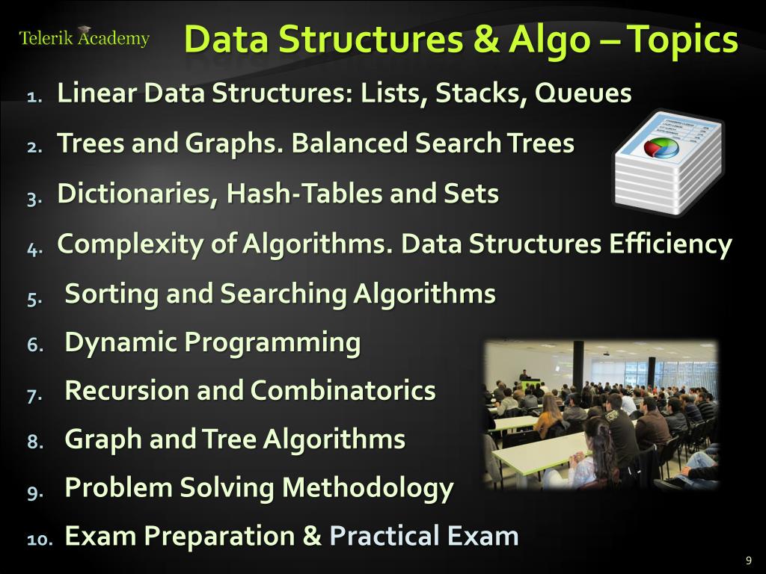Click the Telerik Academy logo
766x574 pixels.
click(x=84, y=38)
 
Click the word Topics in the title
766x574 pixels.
click(x=682, y=40)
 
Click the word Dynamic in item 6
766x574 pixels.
click(x=120, y=343)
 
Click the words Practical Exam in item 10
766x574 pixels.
click(x=424, y=536)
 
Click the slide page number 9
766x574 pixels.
click(x=748, y=561)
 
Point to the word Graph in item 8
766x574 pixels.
click(x=103, y=439)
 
